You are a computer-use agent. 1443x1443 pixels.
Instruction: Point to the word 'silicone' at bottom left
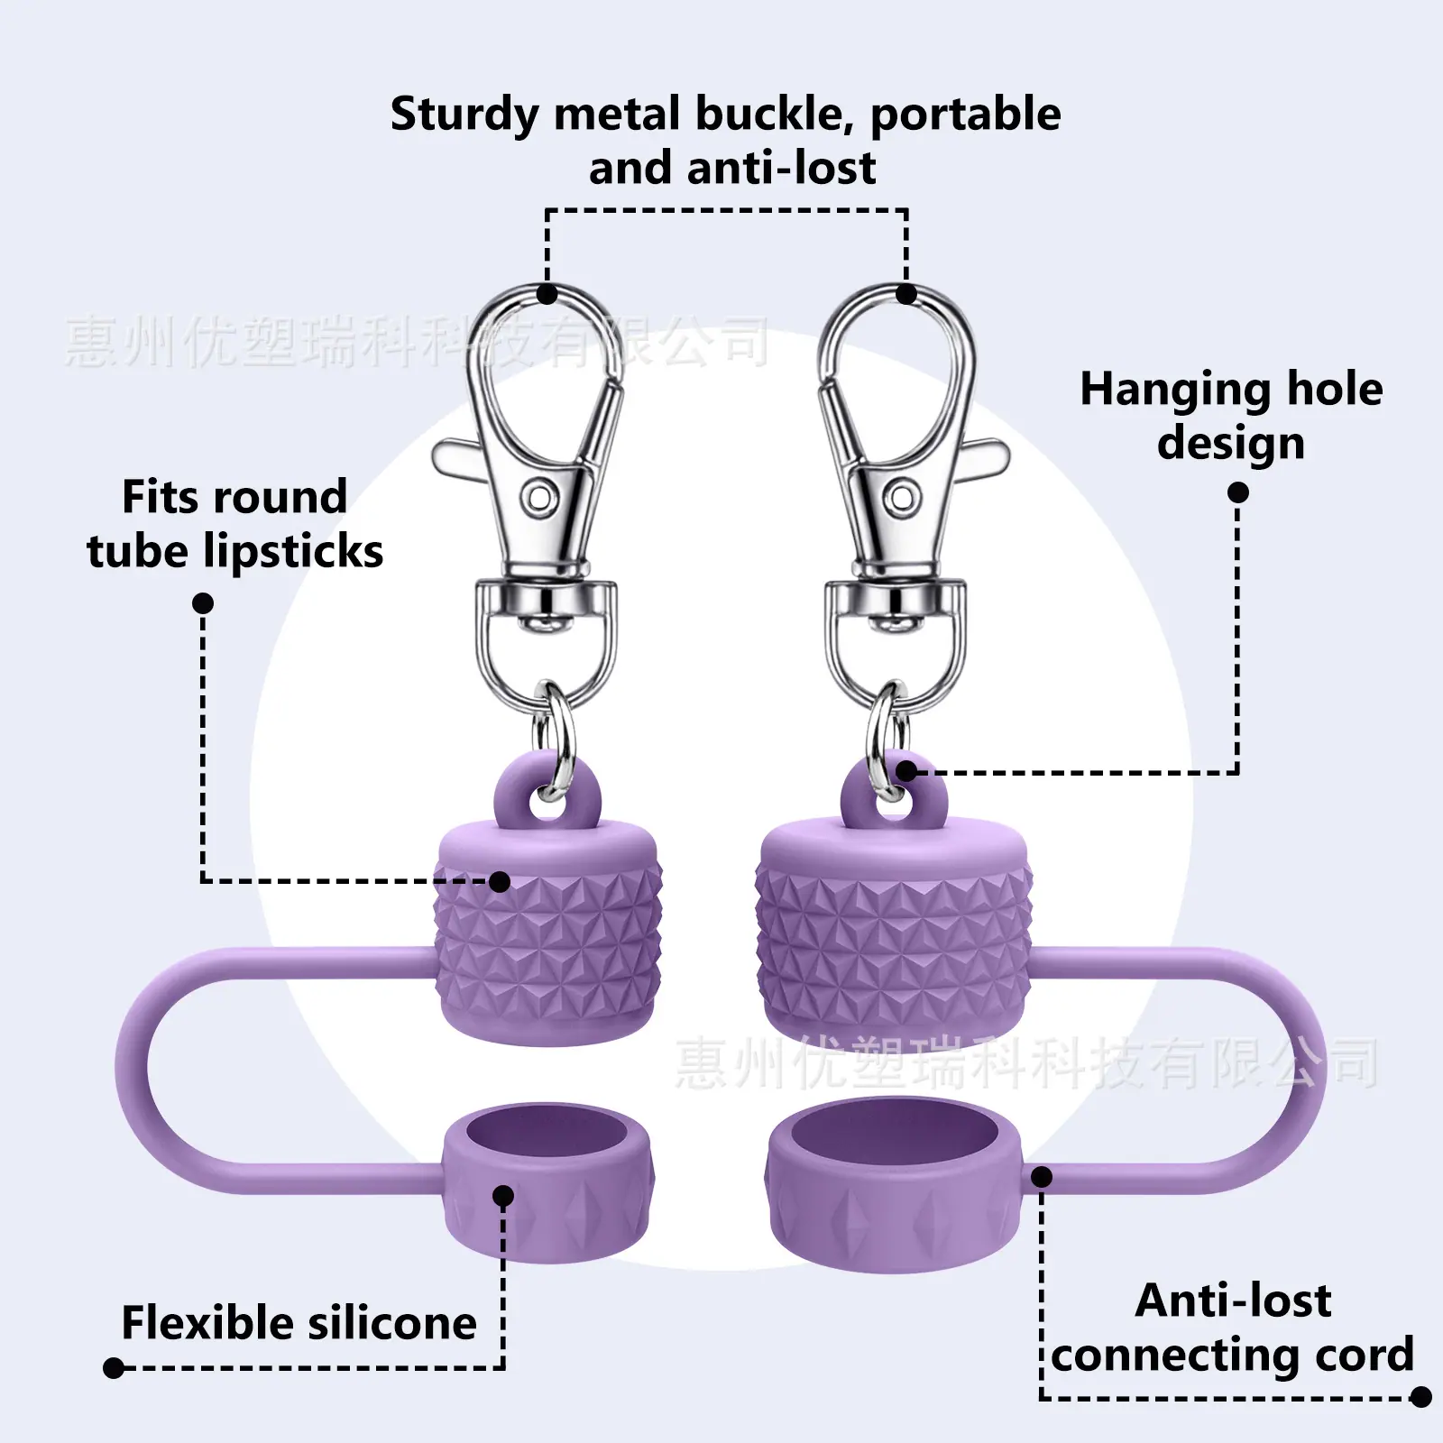click(391, 1323)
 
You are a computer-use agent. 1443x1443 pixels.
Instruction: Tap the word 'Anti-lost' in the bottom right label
click(1233, 1301)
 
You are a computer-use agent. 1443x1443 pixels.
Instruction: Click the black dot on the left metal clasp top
click(547, 294)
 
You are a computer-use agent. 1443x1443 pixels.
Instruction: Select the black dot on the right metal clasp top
click(906, 294)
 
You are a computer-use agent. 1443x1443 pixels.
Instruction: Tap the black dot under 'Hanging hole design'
click(1238, 492)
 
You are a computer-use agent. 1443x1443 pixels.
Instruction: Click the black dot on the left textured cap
click(500, 882)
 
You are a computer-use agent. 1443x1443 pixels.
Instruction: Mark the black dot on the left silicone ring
click(504, 1197)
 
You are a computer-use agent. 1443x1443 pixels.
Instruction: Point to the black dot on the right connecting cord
click(1042, 1177)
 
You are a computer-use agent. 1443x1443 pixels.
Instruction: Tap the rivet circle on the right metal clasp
click(902, 496)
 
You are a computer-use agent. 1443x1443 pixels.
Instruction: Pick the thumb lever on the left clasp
click(459, 456)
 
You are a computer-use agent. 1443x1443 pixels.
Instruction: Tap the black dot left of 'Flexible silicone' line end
click(114, 1368)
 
